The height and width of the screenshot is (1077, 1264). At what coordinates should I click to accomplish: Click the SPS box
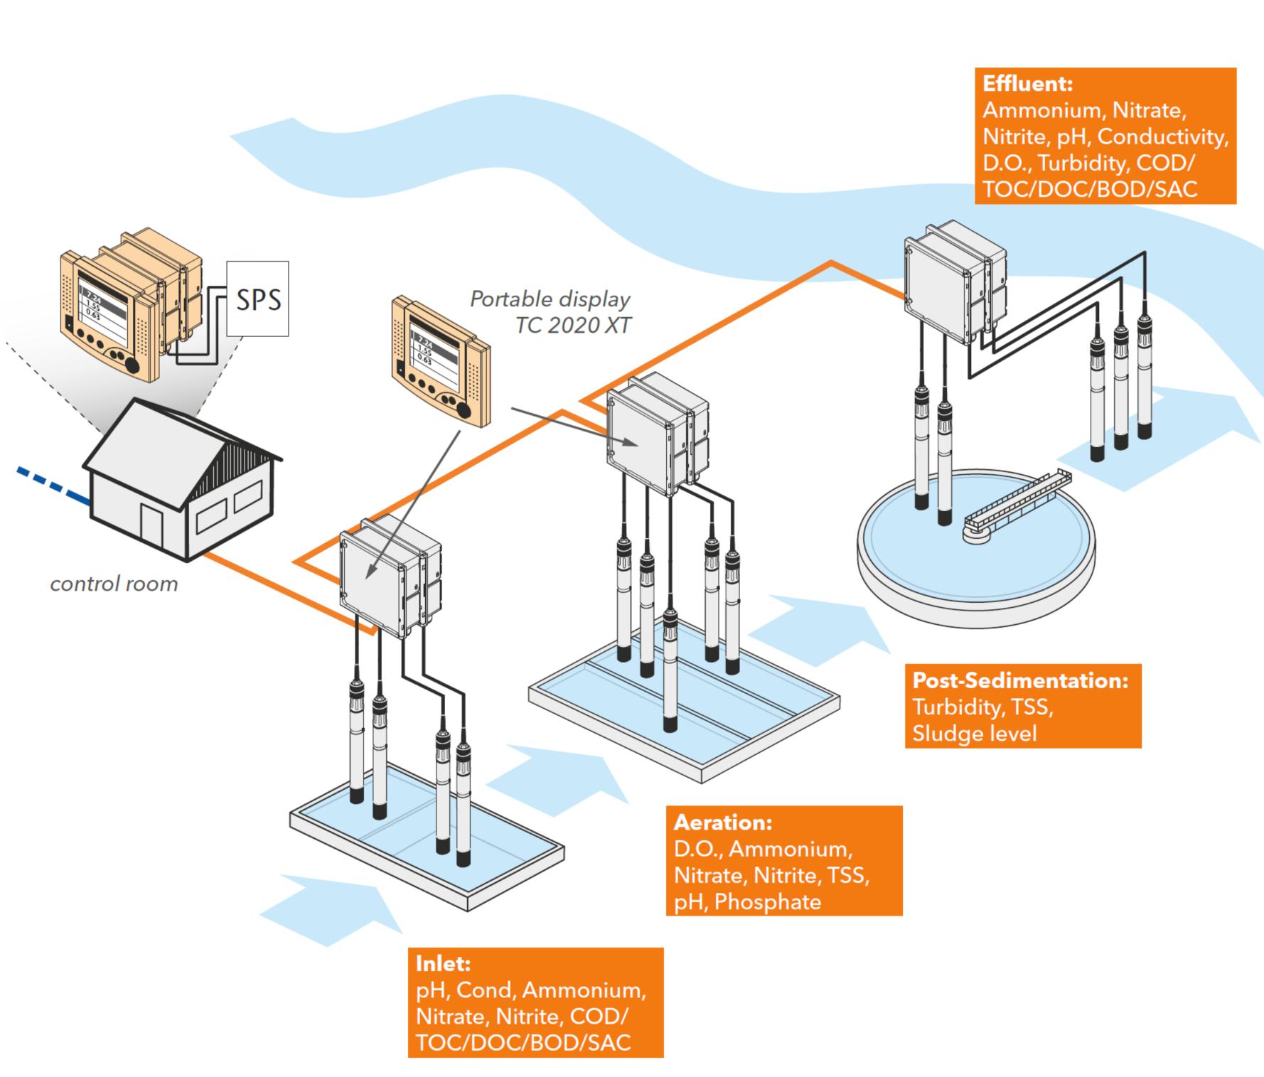tap(257, 299)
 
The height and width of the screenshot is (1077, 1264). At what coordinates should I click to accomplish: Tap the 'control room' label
tap(114, 584)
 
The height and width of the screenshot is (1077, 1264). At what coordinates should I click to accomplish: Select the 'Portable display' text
tap(550, 299)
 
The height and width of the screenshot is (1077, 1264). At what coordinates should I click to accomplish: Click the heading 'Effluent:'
tap(1027, 84)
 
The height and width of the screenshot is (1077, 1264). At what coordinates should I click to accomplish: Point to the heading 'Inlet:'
tap(443, 964)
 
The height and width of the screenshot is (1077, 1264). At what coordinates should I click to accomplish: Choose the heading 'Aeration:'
tap(722, 823)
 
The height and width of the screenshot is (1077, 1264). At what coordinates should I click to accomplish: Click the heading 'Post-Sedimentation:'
tap(1020, 680)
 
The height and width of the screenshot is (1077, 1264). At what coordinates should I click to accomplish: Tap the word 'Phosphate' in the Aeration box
tap(768, 902)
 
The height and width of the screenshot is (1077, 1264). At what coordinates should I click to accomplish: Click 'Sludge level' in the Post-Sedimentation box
tap(974, 733)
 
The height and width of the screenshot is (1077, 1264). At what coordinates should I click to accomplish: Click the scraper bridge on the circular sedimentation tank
tap(1017, 500)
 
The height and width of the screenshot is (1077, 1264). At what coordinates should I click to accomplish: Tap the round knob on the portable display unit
tap(464, 410)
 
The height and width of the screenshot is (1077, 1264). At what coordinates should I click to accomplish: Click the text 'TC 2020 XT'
tap(573, 325)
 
